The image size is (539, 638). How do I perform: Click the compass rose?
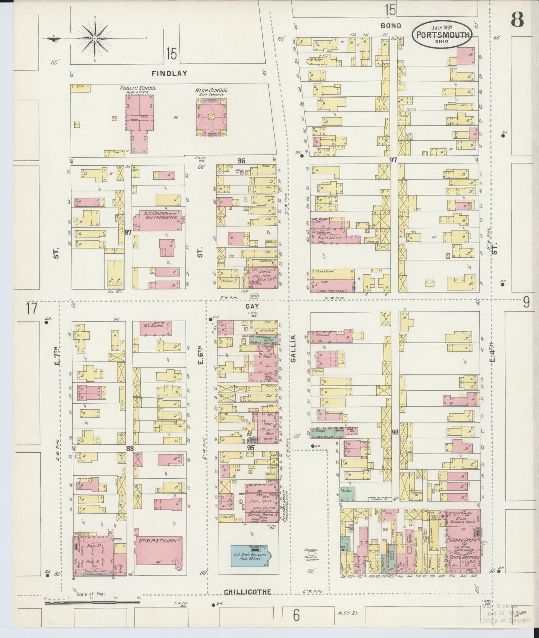(x=95, y=38)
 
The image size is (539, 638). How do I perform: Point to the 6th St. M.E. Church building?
(x=158, y=551)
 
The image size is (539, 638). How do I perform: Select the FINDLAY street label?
(x=169, y=73)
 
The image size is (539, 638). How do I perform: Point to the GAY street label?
(x=252, y=306)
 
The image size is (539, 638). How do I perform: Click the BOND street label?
(x=391, y=26)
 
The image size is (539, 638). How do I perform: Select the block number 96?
(x=241, y=161)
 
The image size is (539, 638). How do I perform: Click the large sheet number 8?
(x=517, y=19)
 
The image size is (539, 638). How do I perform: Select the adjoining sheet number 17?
(x=32, y=309)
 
